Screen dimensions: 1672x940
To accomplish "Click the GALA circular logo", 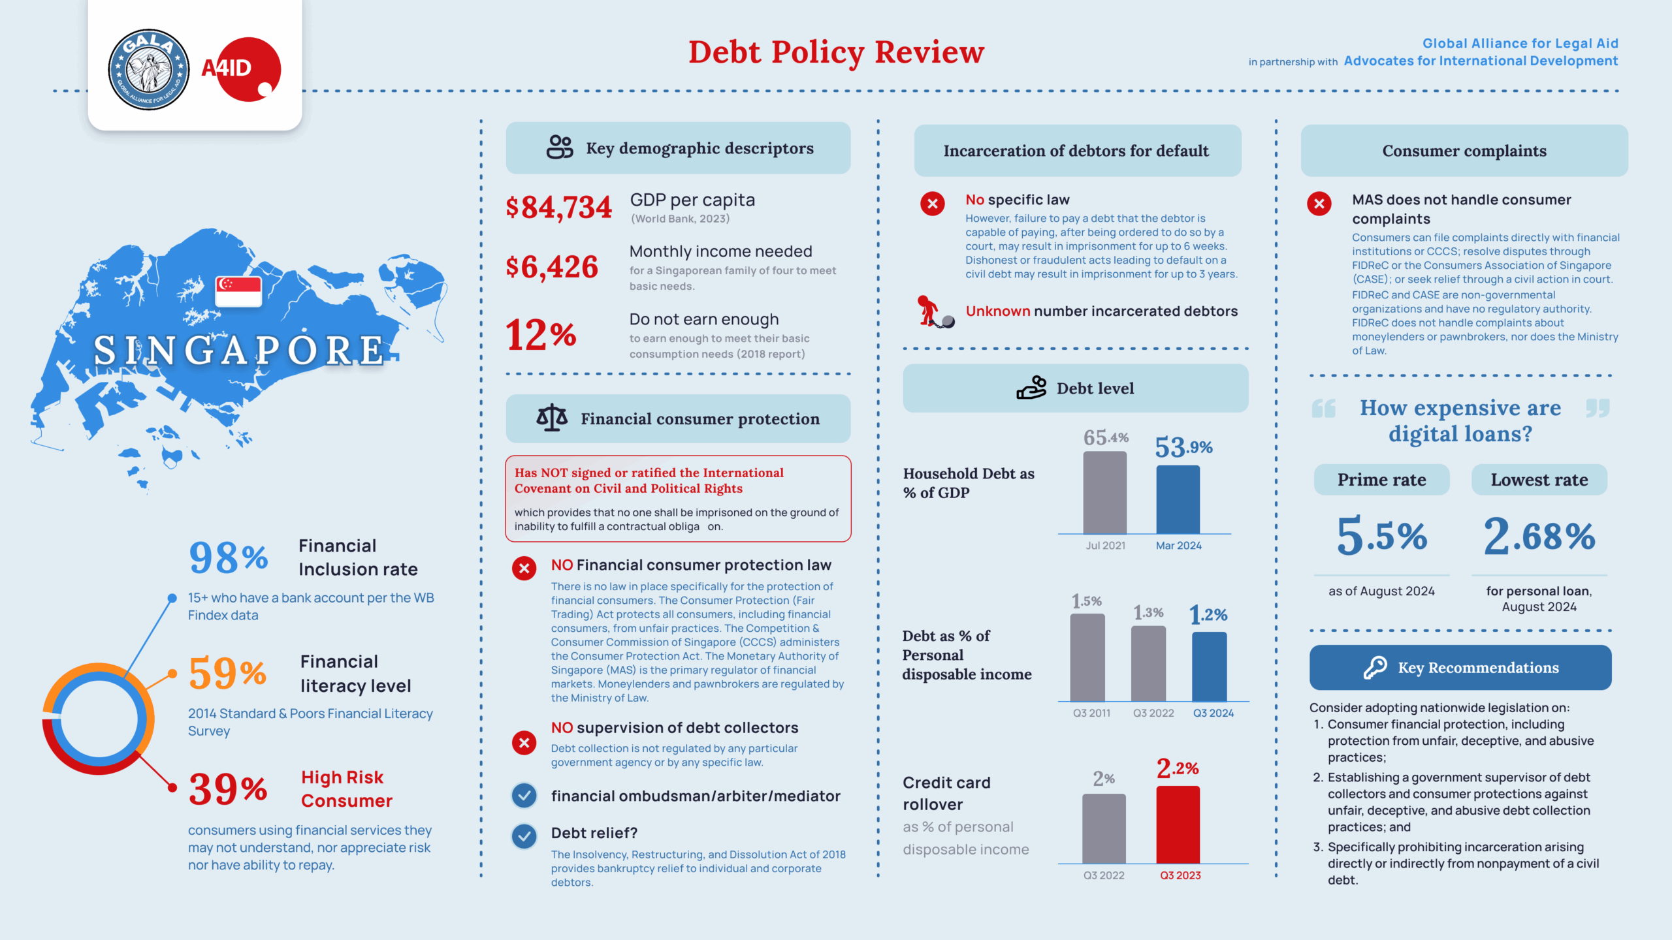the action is [149, 69].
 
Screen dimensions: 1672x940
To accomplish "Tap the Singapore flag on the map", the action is [238, 291].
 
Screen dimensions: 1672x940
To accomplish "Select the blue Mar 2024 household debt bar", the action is [1178, 499].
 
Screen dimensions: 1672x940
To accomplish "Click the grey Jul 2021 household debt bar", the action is [1104, 493].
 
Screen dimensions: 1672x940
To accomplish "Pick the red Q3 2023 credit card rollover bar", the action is [1178, 824].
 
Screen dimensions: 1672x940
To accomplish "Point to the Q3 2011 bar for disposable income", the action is [1087, 657].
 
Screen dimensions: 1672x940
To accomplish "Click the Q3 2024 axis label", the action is [1214, 713].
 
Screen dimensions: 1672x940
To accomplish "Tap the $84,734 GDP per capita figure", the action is [558, 208].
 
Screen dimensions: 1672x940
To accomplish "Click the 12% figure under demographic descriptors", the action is [541, 335].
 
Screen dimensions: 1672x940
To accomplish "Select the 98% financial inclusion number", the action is [228, 557].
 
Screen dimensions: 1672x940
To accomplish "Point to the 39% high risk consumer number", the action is [228, 789].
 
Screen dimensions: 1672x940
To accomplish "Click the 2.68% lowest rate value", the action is [1539, 536].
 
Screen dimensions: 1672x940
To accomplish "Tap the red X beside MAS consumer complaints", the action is [1319, 204].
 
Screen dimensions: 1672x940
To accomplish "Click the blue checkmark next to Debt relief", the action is [524, 836].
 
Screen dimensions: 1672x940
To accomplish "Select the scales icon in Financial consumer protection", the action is [552, 418].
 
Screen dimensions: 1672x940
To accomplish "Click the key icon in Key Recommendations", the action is [1375, 667].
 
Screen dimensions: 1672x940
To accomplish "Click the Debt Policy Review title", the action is [836, 52].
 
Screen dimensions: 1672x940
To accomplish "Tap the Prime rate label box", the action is [1381, 480].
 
